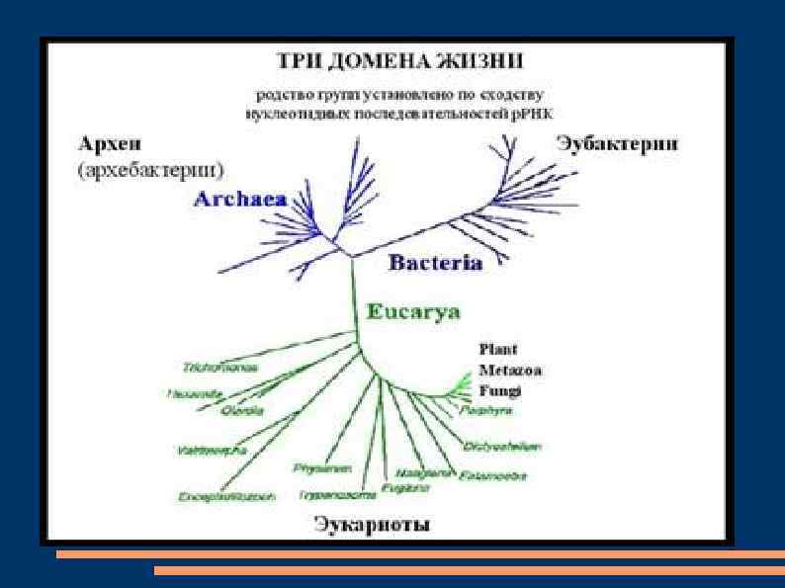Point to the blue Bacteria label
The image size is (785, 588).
coord(435,264)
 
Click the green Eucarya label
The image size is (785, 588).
coord(413,312)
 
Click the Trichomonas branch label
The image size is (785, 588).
coord(219,368)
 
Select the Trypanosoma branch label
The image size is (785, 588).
coord(339,492)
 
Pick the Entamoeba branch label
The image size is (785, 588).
coord(492,475)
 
